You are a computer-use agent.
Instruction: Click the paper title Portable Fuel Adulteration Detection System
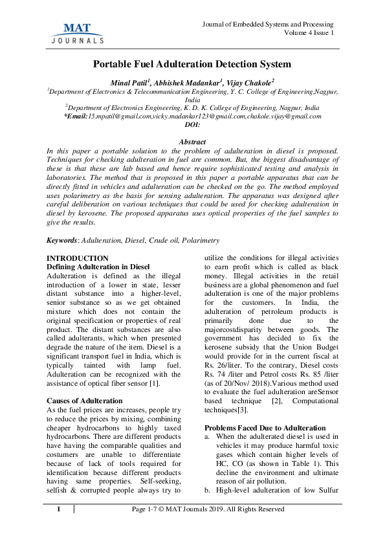(192, 64)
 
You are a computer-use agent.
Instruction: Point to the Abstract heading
(192, 142)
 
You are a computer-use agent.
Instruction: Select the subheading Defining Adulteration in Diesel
(98, 267)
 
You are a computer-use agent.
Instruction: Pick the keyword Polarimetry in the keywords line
(201, 241)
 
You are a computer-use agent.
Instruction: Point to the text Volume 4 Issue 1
(309, 32)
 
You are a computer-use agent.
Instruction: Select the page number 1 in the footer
(58, 528)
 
